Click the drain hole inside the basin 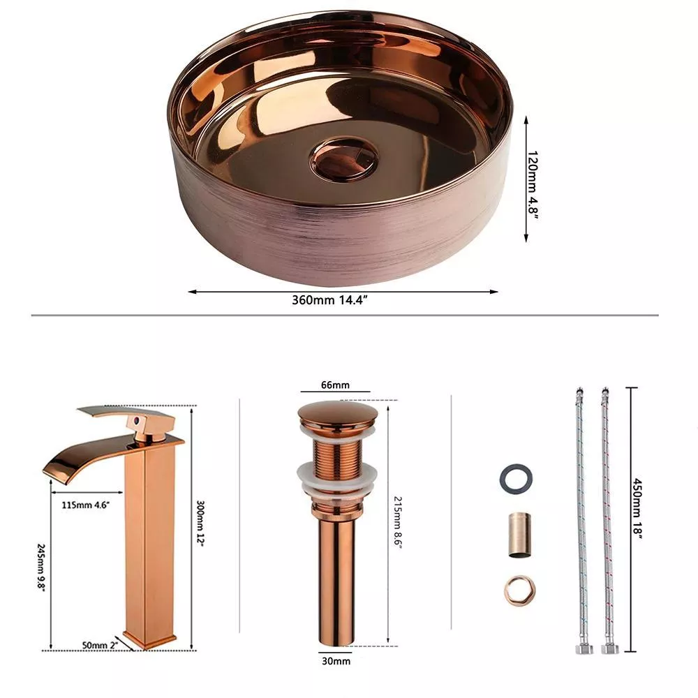[x=343, y=159]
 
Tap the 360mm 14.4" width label [x=329, y=300]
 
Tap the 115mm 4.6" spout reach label [x=85, y=505]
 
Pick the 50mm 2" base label [x=100, y=645]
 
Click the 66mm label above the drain [x=335, y=385]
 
